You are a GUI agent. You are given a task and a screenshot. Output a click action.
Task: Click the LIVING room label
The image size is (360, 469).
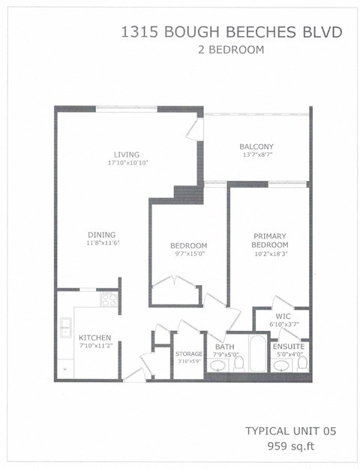click(x=127, y=155)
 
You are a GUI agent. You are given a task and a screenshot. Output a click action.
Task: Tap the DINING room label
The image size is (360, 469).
click(x=102, y=235)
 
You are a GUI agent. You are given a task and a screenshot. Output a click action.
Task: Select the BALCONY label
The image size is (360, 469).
click(x=256, y=146)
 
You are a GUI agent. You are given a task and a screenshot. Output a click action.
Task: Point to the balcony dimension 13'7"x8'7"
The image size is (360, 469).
click(x=257, y=155)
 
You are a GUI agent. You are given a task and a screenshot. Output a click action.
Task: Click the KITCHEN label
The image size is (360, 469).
click(x=94, y=338)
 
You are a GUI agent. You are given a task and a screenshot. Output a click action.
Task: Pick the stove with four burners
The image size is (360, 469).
click(x=109, y=299)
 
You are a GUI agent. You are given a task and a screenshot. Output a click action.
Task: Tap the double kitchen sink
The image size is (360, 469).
click(x=65, y=327)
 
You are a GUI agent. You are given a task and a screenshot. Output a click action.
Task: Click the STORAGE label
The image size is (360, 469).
click(x=189, y=354)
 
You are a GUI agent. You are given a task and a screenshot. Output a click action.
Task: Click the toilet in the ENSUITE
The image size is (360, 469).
click(x=302, y=364)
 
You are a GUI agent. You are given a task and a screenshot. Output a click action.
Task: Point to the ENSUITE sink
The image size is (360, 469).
click(x=283, y=365)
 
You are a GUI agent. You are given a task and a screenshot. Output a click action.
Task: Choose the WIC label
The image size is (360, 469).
click(x=283, y=316)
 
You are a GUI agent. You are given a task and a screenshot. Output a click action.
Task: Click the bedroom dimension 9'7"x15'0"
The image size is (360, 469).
click(x=189, y=254)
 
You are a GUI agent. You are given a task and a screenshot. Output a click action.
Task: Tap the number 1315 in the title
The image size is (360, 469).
click(x=139, y=32)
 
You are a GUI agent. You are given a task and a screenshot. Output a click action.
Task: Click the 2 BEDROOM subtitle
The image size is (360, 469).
click(x=231, y=50)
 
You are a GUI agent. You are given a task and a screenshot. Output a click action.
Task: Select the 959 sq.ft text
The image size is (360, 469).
click(x=291, y=446)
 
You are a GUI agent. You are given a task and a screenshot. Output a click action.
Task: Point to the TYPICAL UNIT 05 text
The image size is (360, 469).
click(x=291, y=431)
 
